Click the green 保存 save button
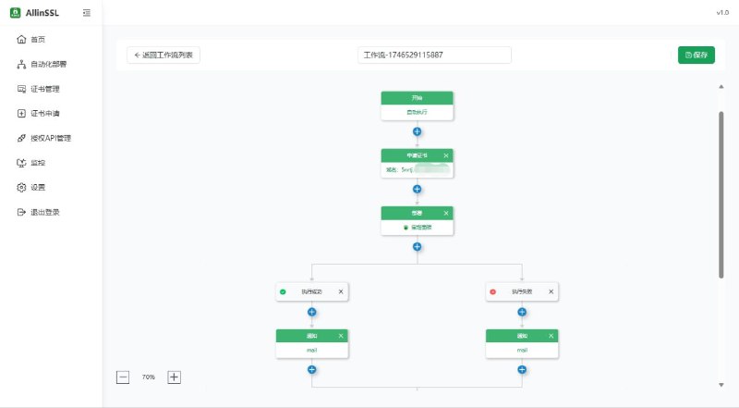696,55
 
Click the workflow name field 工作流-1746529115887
434,55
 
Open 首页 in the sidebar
37,39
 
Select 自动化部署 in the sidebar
48,64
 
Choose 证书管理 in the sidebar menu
44,89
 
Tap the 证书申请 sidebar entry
44,114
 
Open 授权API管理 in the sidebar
50,138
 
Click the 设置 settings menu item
37,187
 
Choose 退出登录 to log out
44,212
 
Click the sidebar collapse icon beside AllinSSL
86,13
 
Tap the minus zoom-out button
123,377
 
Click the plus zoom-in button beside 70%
174,377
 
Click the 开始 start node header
417,97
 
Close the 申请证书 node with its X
445,155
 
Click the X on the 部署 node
445,213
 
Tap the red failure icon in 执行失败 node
492,291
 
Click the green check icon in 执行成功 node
283,291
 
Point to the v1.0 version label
722,13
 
